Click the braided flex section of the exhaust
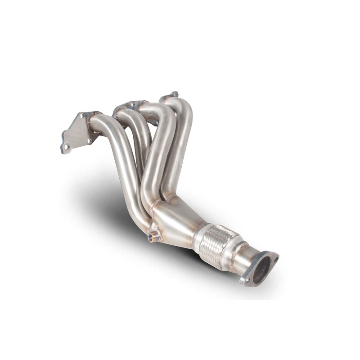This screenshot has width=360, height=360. pyautogui.click(x=218, y=246)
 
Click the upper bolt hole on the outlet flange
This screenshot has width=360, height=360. pyautogui.click(x=275, y=259)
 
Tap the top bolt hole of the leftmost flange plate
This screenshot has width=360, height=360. pyautogui.click(x=82, y=116)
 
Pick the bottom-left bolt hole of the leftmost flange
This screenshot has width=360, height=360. pyautogui.click(x=66, y=147)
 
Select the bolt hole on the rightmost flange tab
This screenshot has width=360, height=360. pyautogui.click(x=174, y=94)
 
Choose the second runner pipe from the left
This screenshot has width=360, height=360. pyautogui.click(x=137, y=135)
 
